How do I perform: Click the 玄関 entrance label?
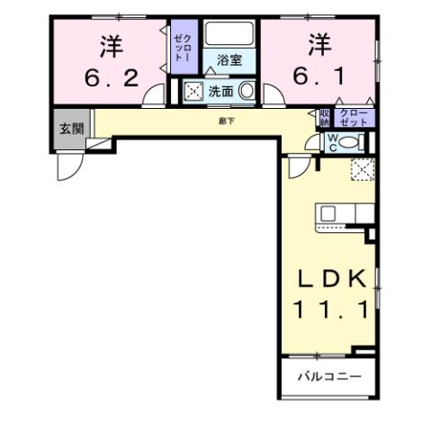click(x=71, y=129)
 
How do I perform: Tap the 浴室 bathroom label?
click(x=229, y=61)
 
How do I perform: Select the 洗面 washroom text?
click(x=220, y=91)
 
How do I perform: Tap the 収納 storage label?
click(x=325, y=116)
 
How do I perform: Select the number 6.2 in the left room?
click(x=112, y=78)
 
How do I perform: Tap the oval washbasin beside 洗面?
click(x=246, y=91)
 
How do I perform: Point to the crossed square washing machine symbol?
click(x=193, y=91)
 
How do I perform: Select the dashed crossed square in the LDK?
click(x=363, y=169)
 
